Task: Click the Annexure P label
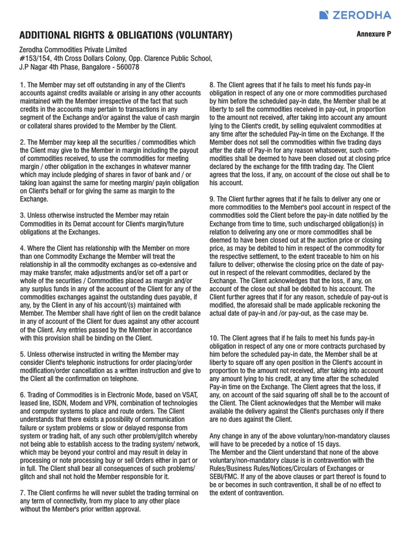pos(374,34)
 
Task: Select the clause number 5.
pos(22,355)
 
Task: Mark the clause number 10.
pos(214,338)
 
